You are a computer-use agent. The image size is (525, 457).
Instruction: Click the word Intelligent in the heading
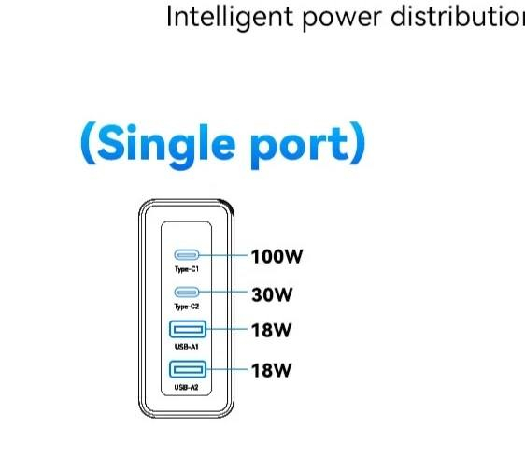click(230, 18)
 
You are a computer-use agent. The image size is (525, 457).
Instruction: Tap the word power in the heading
click(342, 20)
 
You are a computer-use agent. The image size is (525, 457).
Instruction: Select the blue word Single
click(166, 146)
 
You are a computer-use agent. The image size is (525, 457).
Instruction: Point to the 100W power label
click(277, 256)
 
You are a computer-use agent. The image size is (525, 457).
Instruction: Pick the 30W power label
click(272, 294)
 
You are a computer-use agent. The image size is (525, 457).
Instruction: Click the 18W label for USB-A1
click(271, 330)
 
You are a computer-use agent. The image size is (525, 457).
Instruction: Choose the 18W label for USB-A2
click(271, 370)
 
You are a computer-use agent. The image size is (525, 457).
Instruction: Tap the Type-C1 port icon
click(187, 255)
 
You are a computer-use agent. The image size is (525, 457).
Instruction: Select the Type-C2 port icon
click(187, 293)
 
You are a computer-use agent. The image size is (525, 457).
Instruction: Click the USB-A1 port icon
click(188, 329)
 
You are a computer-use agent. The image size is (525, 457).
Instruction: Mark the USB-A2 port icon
click(188, 369)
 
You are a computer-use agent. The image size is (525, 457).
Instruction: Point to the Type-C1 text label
click(187, 269)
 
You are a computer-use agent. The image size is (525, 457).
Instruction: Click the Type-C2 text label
click(187, 307)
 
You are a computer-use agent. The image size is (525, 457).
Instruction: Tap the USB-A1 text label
click(187, 347)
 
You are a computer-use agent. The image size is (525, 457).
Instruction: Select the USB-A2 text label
click(186, 387)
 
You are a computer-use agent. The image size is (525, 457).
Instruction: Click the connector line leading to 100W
click(223, 255)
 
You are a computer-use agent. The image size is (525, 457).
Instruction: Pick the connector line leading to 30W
click(223, 292)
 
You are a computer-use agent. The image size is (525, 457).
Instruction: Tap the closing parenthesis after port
click(357, 143)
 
